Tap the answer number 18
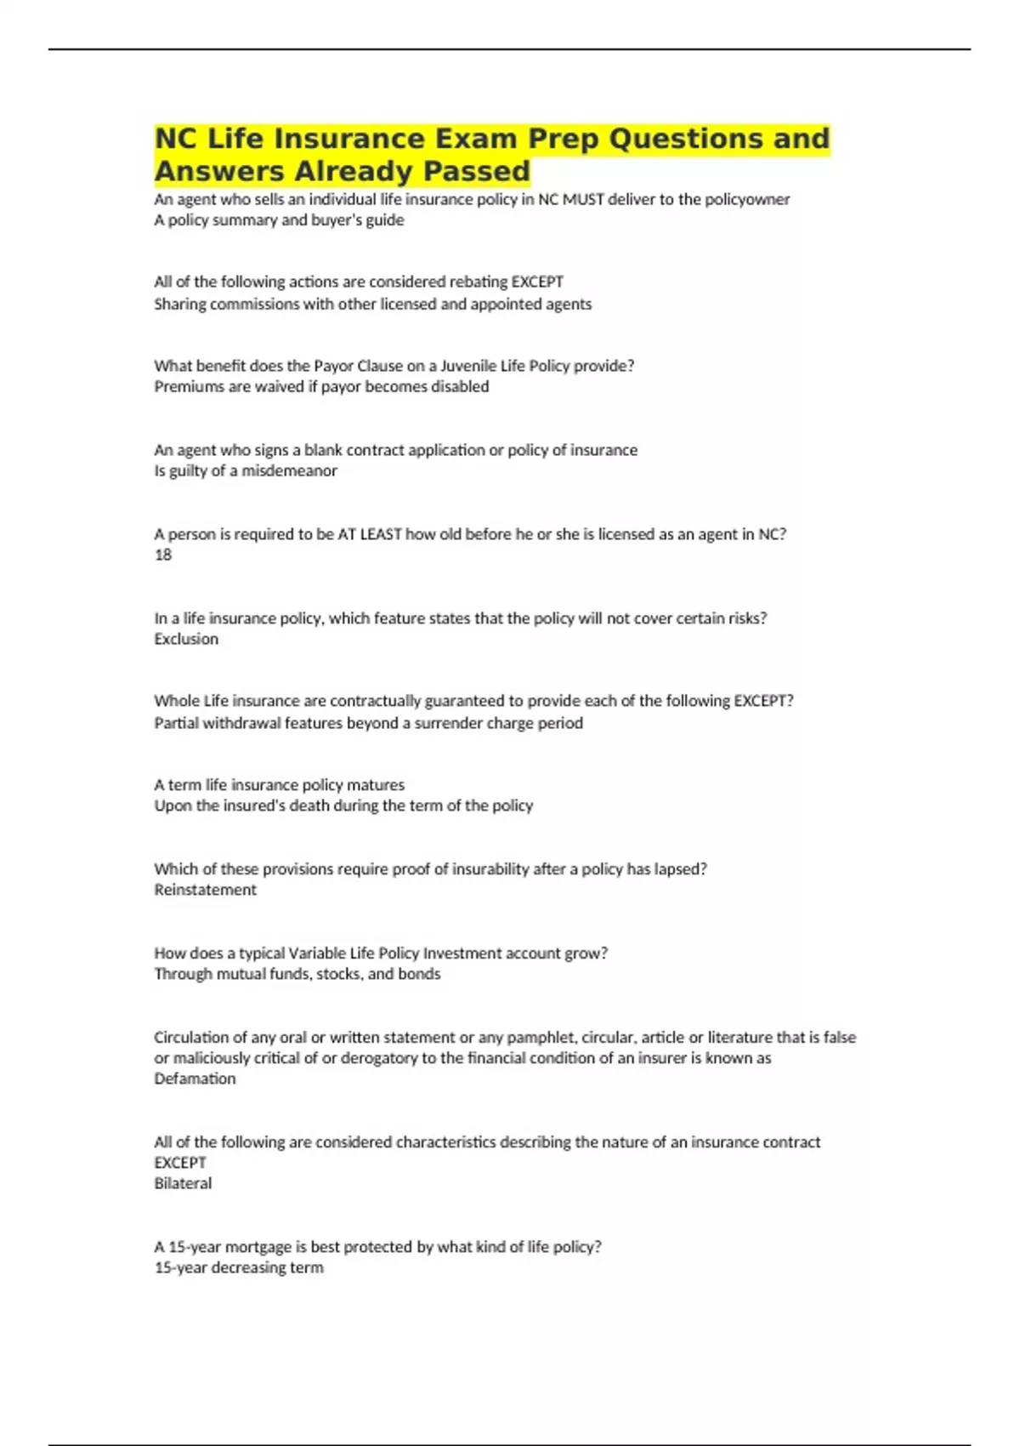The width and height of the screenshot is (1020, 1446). pyautogui.click(x=163, y=555)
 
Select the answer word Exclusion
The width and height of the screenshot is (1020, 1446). pyautogui.click(x=186, y=639)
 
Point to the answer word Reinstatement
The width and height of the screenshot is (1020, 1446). pyautogui.click(x=205, y=890)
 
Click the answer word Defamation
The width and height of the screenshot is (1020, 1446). pyautogui.click(x=195, y=1079)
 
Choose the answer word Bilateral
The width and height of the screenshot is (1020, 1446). pyautogui.click(x=183, y=1183)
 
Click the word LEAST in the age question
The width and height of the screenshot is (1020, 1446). pyautogui.click(x=381, y=534)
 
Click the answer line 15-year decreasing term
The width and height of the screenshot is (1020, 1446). pyautogui.click(x=239, y=1267)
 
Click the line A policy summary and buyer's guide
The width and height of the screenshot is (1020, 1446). pyautogui.click(x=279, y=220)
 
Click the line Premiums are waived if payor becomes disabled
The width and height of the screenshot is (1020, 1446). pyautogui.click(x=321, y=387)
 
